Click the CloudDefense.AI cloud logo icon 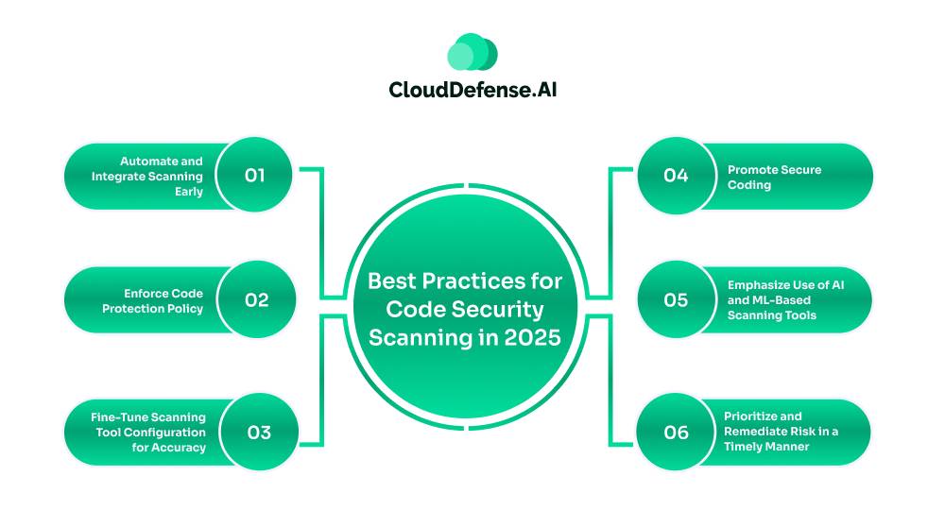click(472, 52)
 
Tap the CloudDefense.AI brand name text click(472, 90)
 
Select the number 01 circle click(254, 176)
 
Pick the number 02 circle click(257, 299)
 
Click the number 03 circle click(259, 433)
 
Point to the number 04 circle click(677, 176)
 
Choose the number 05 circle click(677, 299)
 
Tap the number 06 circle click(677, 433)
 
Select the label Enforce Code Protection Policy click(152, 301)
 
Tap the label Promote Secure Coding click(775, 178)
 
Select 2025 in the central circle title click(533, 338)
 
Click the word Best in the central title click(392, 281)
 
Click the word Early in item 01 click(189, 192)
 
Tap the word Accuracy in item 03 click(178, 448)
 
